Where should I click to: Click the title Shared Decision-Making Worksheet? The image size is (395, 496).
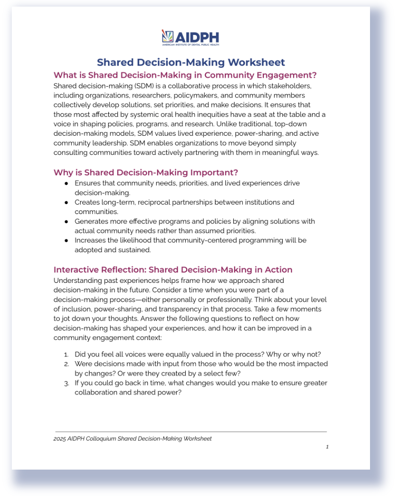pyautogui.click(x=191, y=62)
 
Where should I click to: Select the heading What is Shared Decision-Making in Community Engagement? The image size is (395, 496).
pyautogui.click(x=185, y=75)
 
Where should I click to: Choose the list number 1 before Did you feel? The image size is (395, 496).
pyautogui.click(x=66, y=354)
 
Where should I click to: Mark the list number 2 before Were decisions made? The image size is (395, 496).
pyautogui.click(x=66, y=364)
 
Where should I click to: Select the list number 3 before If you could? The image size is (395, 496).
pyautogui.click(x=66, y=383)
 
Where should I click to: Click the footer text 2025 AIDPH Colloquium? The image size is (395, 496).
pyautogui.click(x=132, y=438)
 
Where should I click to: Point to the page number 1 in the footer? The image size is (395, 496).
pyautogui.click(x=327, y=446)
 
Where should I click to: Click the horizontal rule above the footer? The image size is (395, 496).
pyautogui.click(x=191, y=431)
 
